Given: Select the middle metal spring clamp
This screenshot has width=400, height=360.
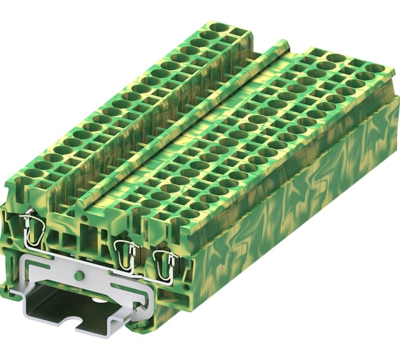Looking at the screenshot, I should pos(126,252).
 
